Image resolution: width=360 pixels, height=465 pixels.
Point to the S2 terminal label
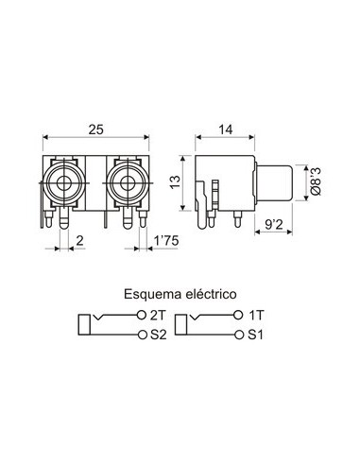159,335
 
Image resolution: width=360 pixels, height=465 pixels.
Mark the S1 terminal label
256,335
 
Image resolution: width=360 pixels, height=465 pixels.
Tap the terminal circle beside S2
143,335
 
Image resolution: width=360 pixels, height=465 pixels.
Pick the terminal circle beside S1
240,335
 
